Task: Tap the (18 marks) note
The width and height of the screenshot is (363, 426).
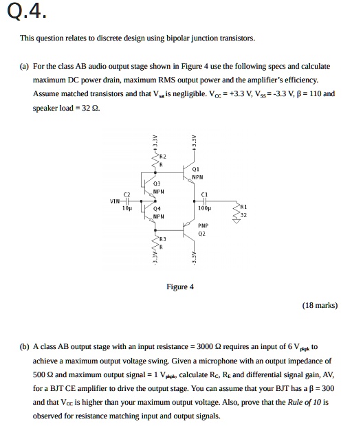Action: pos(320,304)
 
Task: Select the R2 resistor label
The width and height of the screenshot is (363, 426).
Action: pos(163,157)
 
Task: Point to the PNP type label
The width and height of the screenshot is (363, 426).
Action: pos(203,225)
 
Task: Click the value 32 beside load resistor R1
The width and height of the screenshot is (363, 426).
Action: pos(244,215)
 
